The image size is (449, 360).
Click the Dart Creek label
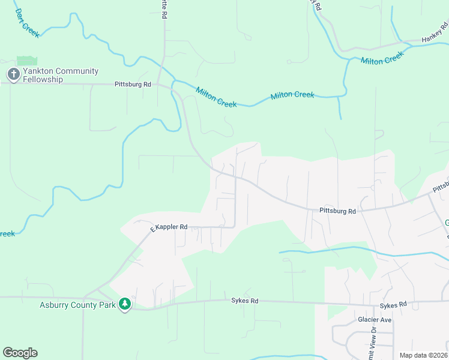pos(27,23)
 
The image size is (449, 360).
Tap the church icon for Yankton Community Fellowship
pos(13,74)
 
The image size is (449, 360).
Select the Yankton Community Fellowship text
pos(60,75)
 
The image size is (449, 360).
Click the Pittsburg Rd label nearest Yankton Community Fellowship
pos(133,85)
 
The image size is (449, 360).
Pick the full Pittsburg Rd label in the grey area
pos(337,211)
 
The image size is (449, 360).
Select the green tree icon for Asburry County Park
pos(124,304)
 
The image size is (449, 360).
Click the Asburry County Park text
pos(77,305)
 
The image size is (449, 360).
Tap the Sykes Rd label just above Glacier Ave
pos(393,305)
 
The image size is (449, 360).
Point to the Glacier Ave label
pos(374,320)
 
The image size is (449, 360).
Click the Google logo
pos(20,353)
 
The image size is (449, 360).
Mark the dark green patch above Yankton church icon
pos(26,61)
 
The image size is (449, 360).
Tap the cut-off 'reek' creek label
pos(7,233)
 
